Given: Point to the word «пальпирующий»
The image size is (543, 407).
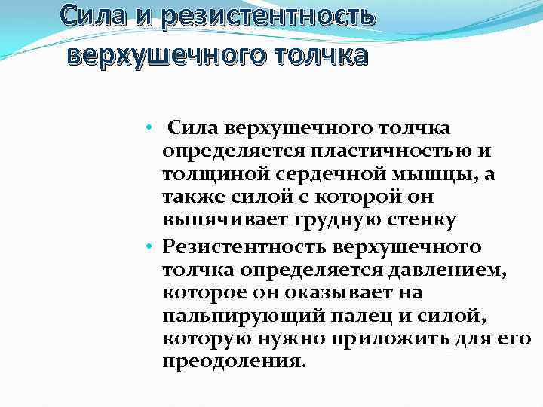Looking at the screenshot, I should click(235, 314).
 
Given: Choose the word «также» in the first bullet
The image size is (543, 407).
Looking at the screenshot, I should click(186, 197).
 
